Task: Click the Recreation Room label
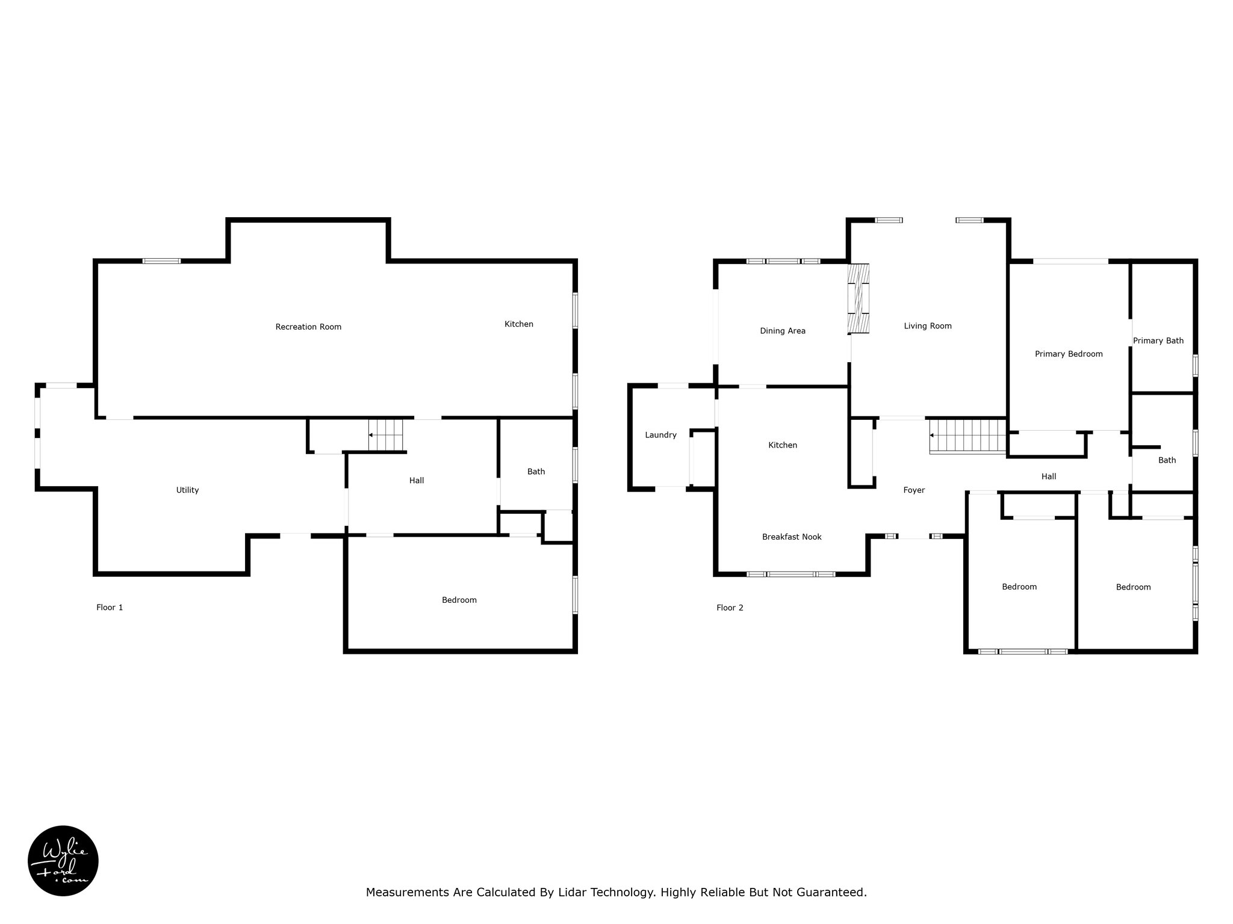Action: [308, 327]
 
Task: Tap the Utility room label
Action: [187, 490]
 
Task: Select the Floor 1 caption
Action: [110, 608]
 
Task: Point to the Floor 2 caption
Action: [730, 608]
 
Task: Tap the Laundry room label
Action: [660, 435]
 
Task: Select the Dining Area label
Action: [783, 331]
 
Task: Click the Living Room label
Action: [928, 326]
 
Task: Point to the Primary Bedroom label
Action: [1069, 354]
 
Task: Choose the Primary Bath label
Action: [1158, 340]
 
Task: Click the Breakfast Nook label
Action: [792, 537]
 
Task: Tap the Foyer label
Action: [914, 490]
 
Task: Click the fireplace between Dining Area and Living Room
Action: [859, 298]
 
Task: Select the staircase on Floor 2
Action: [968, 436]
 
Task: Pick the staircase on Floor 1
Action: [385, 435]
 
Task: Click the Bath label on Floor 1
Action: [536, 472]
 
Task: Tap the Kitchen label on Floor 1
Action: [519, 324]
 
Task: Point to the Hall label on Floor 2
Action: [1049, 476]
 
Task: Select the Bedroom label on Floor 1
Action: [459, 600]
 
